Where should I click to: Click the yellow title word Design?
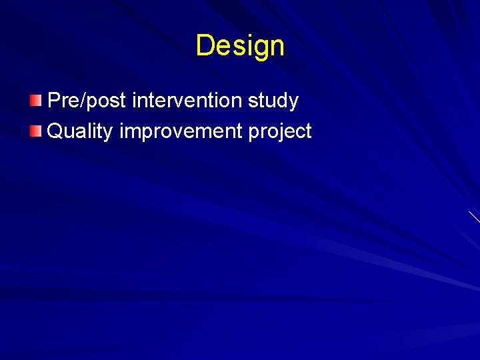tap(240, 46)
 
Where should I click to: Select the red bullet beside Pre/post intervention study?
tap(35, 101)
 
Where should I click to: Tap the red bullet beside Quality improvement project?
tap(35, 131)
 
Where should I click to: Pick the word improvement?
tap(181, 132)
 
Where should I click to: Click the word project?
tap(280, 132)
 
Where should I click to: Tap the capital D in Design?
tap(205, 45)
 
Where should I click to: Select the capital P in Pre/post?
tap(55, 101)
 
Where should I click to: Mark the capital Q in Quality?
tap(56, 131)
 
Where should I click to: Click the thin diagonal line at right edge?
tap(474, 217)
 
